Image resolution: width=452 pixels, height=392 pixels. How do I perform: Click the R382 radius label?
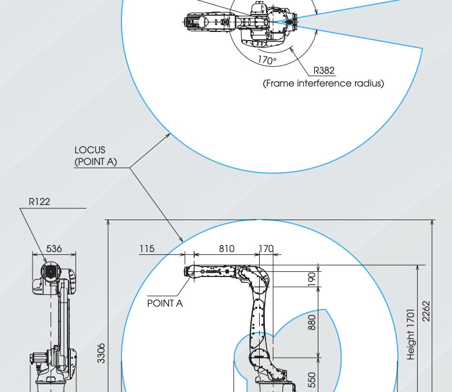(324, 70)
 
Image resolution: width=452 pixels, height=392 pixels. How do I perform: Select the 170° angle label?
(267, 60)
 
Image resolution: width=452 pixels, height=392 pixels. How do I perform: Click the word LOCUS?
(89, 150)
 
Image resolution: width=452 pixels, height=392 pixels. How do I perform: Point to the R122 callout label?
(40, 202)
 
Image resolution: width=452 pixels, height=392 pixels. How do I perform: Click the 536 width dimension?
(54, 249)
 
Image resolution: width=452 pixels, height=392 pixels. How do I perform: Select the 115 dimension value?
(147, 249)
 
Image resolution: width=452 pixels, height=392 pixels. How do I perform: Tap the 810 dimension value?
(227, 249)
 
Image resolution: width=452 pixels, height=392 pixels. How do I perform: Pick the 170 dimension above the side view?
(266, 249)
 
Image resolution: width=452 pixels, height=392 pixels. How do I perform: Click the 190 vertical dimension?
(311, 279)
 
